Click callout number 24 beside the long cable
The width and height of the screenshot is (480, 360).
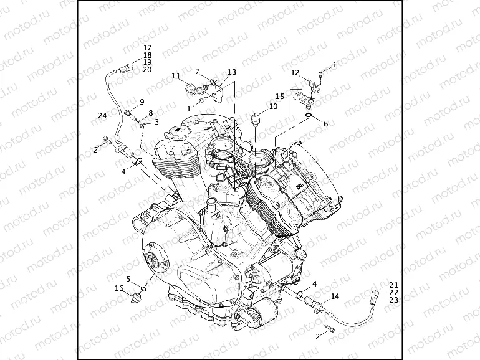click(x=103, y=116)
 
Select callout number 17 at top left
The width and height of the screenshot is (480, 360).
click(x=147, y=48)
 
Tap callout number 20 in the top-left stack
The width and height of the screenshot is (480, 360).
click(x=147, y=69)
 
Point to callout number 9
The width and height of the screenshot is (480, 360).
click(x=142, y=102)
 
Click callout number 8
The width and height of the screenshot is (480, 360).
click(x=150, y=113)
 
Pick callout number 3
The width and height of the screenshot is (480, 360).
click(x=156, y=121)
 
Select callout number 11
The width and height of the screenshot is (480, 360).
click(x=176, y=76)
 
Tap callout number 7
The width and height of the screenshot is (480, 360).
click(x=198, y=72)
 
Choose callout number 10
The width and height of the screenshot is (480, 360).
click(x=273, y=107)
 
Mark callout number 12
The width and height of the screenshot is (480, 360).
click(x=295, y=73)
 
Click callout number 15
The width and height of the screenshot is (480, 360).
click(x=281, y=96)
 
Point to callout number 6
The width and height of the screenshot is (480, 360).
click(x=325, y=124)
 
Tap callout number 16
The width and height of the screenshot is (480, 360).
click(x=119, y=288)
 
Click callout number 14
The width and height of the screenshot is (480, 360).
click(x=335, y=296)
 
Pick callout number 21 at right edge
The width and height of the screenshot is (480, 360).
click(x=393, y=285)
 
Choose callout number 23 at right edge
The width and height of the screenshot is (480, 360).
click(x=393, y=300)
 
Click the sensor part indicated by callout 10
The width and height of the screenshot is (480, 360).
click(x=255, y=118)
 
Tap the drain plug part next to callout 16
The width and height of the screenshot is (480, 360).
click(x=135, y=295)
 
